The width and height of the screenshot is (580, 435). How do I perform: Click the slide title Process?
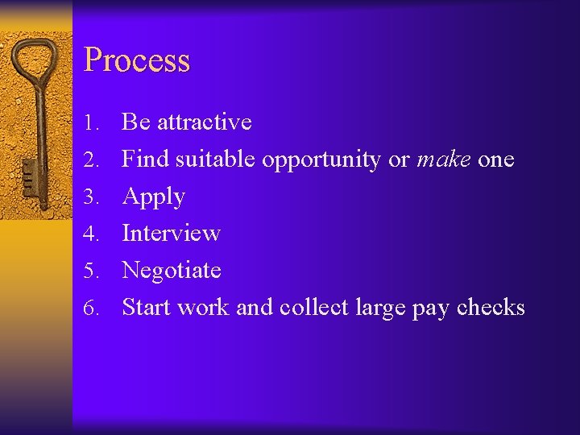pos(137,61)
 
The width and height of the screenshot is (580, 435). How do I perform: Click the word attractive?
pos(205,122)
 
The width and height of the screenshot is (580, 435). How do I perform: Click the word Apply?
pos(154,197)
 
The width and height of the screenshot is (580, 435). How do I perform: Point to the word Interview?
pos(171,234)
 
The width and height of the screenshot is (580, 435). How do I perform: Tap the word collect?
pos(314,308)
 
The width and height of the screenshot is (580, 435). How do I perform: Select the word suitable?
pos(216,159)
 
